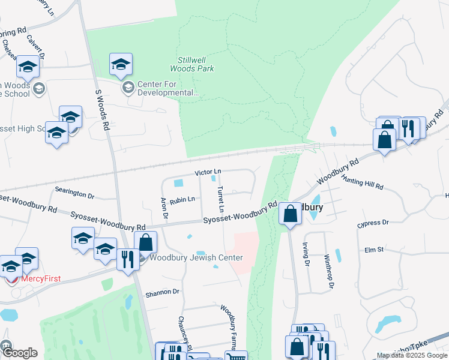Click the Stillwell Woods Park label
pyautogui.click(x=196, y=64)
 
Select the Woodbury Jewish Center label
pyautogui.click(x=196, y=258)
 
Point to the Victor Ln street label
pyautogui.click(x=208, y=172)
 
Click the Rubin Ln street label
pyautogui.click(x=182, y=199)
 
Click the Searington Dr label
pyautogui.click(x=75, y=196)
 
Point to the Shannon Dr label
pyautogui.click(x=163, y=292)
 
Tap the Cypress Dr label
pyautogui.click(x=373, y=223)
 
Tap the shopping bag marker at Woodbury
pyautogui.click(x=290, y=214)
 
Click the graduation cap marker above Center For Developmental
pyautogui.click(x=121, y=65)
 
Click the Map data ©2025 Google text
pyautogui.click(x=411, y=355)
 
